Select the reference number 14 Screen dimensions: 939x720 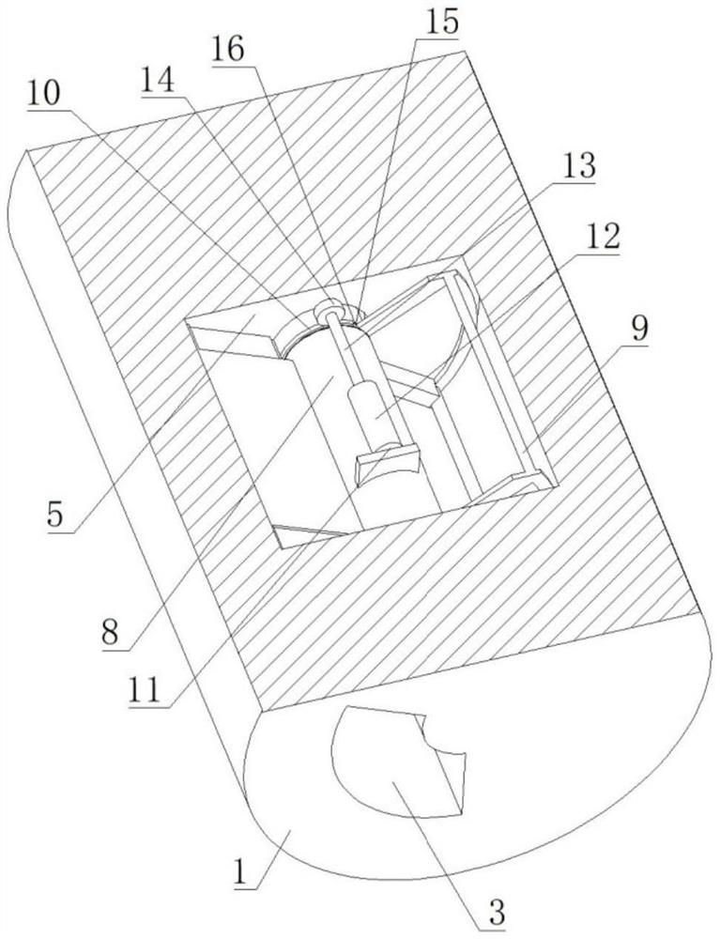click(x=161, y=80)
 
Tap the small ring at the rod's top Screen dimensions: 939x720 click(x=330, y=307)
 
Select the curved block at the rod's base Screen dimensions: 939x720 click(x=387, y=464)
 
